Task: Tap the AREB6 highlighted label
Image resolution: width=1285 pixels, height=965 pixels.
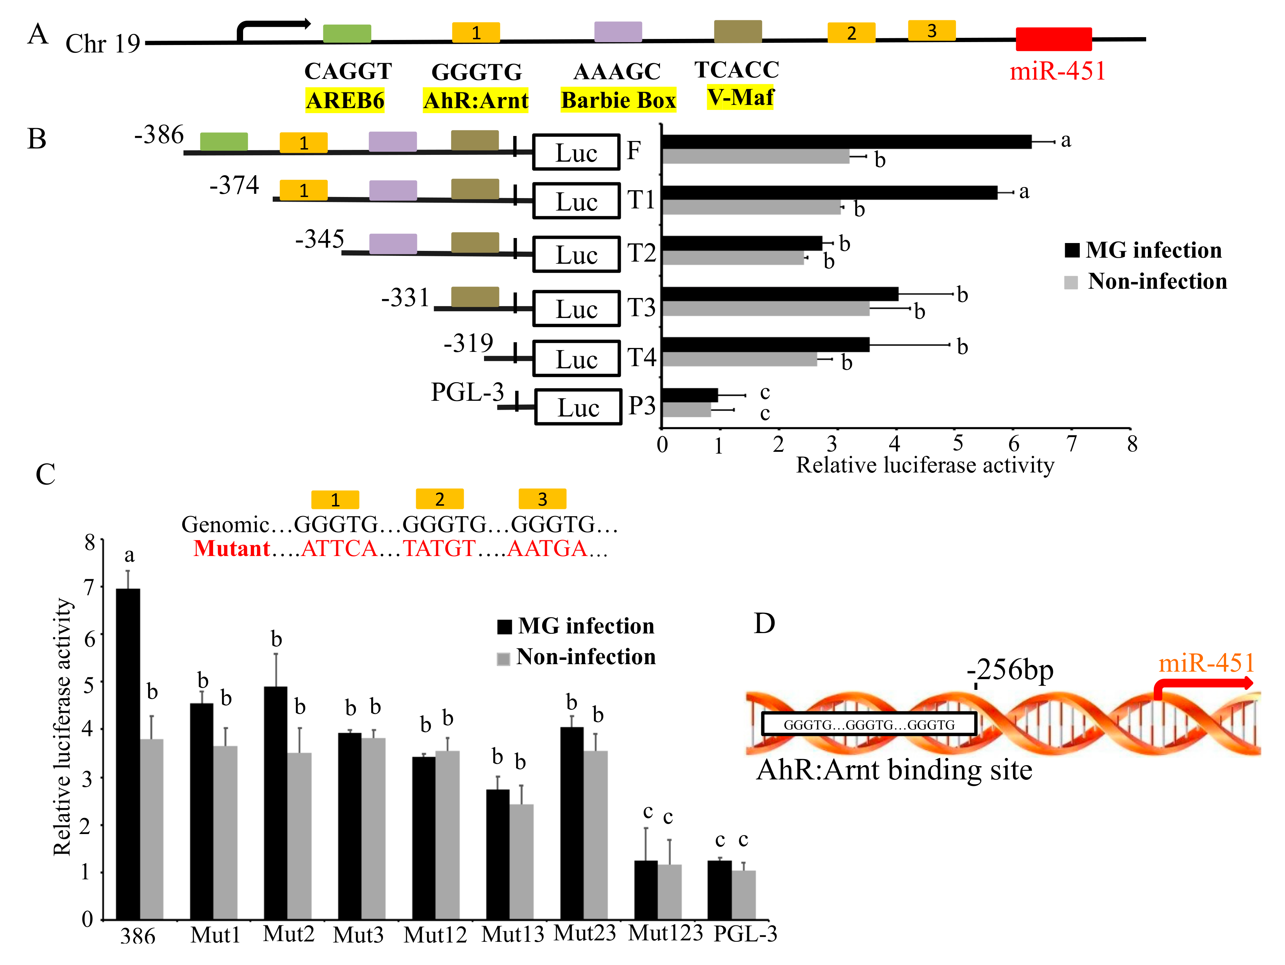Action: [x=345, y=101]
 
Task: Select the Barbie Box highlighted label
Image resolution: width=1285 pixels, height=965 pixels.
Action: [x=618, y=101]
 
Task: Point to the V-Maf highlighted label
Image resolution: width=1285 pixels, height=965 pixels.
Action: [x=740, y=97]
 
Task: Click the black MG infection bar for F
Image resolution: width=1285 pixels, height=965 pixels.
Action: [x=846, y=142]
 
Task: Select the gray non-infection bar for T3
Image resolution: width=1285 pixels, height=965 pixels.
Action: [x=766, y=309]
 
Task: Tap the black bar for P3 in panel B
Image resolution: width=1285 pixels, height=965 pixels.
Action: [x=690, y=395]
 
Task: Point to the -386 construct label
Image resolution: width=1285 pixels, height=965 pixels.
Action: [x=158, y=135]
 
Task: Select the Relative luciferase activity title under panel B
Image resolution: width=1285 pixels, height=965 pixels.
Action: [x=925, y=465]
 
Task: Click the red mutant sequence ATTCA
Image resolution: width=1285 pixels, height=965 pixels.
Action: [x=339, y=549]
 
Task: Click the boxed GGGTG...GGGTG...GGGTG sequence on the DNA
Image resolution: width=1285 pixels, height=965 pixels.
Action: [x=868, y=724]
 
